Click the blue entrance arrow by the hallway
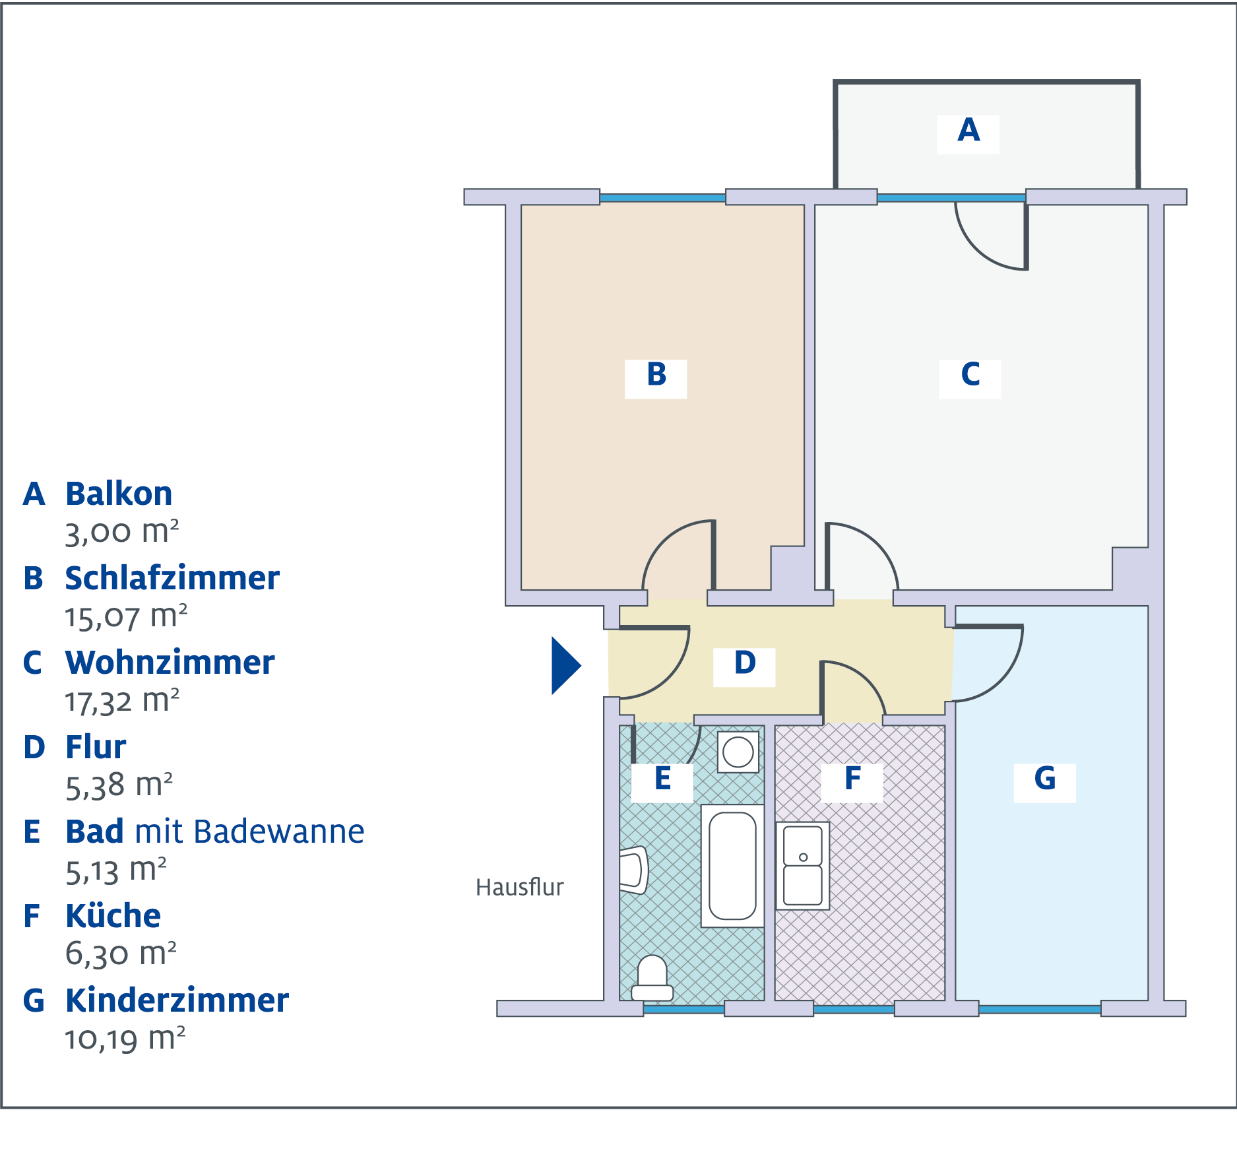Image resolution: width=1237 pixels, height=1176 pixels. [565, 665]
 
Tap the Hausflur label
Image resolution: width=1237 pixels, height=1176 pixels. [520, 888]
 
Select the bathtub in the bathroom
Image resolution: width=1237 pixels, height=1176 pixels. [732, 866]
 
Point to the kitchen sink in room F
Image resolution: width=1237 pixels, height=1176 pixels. [803, 866]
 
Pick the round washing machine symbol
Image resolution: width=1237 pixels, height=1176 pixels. [738, 752]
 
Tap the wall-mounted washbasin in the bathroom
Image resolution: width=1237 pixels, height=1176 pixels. [634, 870]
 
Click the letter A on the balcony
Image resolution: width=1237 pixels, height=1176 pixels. [968, 130]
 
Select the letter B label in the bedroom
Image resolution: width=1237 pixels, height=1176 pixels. [656, 374]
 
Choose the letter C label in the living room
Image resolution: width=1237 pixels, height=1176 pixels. [970, 374]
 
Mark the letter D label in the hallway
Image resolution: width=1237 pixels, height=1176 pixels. [745, 663]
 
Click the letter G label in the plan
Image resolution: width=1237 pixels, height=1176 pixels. [1045, 778]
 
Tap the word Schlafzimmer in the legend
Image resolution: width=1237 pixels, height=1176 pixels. [172, 578]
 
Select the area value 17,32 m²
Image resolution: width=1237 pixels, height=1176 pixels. [122, 701]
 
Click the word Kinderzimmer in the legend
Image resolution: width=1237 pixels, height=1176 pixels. [177, 1000]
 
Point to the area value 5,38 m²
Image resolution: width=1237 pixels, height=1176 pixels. [119, 785]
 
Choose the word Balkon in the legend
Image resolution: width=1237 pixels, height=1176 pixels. [119, 494]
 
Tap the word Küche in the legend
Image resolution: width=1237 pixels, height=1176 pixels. [113, 916]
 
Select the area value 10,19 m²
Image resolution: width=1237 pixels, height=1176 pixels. [125, 1039]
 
